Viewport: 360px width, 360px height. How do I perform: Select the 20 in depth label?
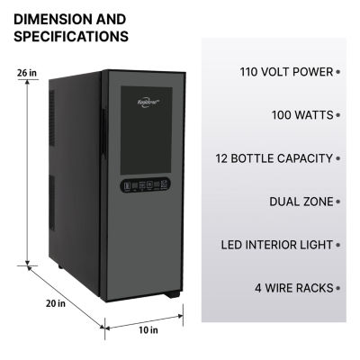pyautogui.click(x=31, y=301)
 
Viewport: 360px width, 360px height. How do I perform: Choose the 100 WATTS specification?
pyautogui.click(x=301, y=115)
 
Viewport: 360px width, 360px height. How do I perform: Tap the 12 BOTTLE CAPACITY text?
pyautogui.click(x=274, y=158)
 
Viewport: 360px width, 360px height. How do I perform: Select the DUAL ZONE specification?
pyautogui.click(x=296, y=202)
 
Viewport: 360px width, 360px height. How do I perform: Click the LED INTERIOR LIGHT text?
pyautogui.click(x=276, y=245)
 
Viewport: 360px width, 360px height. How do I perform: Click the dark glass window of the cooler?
pyautogui.click(x=149, y=135)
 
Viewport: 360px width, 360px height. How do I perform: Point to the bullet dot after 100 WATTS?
pyautogui.click(x=338, y=115)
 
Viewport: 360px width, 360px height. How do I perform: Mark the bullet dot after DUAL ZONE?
pyautogui.click(x=338, y=202)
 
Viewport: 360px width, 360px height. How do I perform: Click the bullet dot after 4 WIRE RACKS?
pyautogui.click(x=338, y=288)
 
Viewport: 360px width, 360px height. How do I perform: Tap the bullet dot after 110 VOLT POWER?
pyautogui.click(x=338, y=72)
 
